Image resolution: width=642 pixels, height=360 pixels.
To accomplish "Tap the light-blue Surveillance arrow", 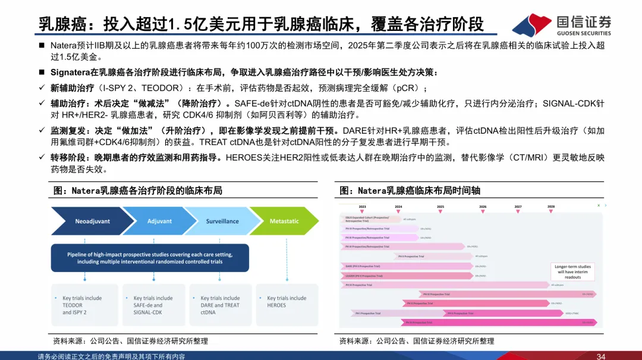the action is [222, 221].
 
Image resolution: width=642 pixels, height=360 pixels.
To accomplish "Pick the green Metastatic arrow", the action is [284, 221].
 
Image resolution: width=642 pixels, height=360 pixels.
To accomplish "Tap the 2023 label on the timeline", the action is [363, 207].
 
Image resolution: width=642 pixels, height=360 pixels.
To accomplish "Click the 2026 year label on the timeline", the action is [483, 207].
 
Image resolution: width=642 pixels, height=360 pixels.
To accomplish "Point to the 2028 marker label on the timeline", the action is [551, 207].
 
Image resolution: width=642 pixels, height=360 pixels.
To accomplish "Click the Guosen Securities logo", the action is [561, 24].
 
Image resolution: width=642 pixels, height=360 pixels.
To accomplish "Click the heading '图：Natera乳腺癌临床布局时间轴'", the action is [410, 191].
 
